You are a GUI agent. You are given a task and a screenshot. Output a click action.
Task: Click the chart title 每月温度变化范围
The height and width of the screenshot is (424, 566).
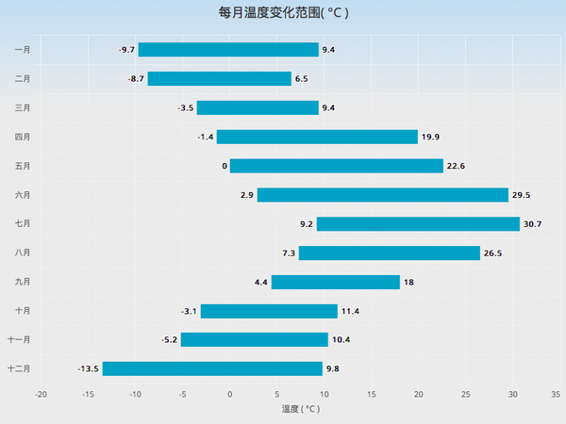click(283, 13)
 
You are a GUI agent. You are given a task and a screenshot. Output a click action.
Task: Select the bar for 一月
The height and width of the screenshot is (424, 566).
click(228, 50)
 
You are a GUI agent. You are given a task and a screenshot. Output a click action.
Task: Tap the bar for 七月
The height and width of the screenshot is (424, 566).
click(418, 224)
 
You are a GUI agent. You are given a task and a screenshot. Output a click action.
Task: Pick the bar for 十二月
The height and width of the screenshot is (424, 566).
click(212, 368)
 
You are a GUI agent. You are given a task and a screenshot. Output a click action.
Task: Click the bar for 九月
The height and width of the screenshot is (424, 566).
click(335, 282)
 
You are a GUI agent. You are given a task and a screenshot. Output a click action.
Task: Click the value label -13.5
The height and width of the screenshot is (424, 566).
click(88, 368)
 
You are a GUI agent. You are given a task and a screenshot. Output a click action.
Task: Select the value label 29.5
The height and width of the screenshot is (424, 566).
click(521, 195)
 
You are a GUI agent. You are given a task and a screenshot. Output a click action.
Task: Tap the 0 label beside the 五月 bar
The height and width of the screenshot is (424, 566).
click(225, 166)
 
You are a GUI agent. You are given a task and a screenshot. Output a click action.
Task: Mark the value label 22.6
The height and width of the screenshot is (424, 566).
click(456, 166)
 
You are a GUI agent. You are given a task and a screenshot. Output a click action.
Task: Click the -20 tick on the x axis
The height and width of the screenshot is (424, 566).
click(41, 394)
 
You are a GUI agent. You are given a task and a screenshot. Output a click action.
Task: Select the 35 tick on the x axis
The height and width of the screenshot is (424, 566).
click(556, 394)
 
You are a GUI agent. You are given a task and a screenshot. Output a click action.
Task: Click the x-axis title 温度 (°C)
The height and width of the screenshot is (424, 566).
click(301, 409)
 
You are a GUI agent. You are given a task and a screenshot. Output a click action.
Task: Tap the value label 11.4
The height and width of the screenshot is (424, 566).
click(350, 311)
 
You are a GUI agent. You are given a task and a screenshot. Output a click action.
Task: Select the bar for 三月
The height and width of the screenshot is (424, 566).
click(258, 108)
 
